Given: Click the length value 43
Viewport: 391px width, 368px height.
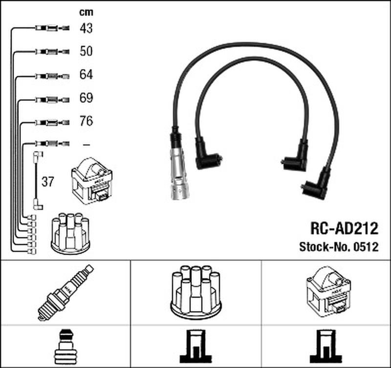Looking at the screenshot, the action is (x=86, y=28).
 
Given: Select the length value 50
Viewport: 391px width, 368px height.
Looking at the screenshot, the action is (x=86, y=51).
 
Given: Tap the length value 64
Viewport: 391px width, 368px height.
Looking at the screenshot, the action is (x=86, y=75).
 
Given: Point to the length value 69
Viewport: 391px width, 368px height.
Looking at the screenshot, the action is (x=86, y=98).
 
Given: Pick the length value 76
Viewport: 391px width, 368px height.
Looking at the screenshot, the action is (x=86, y=121).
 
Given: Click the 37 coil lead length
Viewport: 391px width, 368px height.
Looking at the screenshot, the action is (x=47, y=182).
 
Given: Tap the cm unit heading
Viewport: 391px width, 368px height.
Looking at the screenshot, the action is (x=86, y=12).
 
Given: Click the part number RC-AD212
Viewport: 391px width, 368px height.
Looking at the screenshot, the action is (x=344, y=228).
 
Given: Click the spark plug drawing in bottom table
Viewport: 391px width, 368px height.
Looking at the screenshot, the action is (x=65, y=292).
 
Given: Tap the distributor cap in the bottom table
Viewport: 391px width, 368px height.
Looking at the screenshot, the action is (x=196, y=292).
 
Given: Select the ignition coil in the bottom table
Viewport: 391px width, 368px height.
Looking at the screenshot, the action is (x=328, y=292).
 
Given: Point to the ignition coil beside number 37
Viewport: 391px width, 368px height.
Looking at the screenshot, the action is (x=92, y=181).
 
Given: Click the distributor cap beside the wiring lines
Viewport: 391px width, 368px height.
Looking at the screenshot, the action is (x=70, y=234).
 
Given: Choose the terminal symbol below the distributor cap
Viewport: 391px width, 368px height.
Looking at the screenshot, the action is (x=196, y=347).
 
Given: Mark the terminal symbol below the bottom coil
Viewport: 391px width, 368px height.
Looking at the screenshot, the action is (x=326, y=347).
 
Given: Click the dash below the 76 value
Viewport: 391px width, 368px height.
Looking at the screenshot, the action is (x=87, y=144).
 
